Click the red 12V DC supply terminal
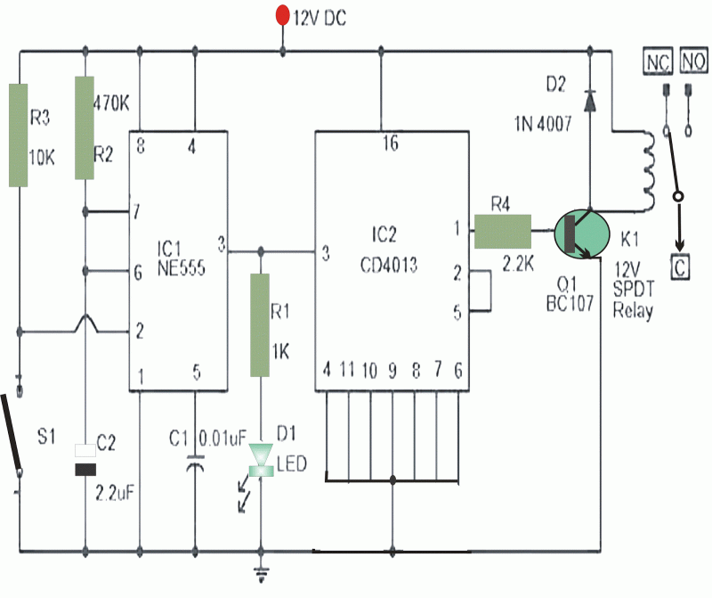click(283, 15)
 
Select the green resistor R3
click(20, 135)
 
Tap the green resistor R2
click(85, 127)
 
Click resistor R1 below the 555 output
click(260, 324)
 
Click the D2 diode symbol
click(588, 101)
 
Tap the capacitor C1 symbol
click(195, 463)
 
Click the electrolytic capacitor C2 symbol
click(85, 460)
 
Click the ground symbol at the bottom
click(261, 573)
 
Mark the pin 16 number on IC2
click(390, 144)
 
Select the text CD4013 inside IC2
click(390, 265)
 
